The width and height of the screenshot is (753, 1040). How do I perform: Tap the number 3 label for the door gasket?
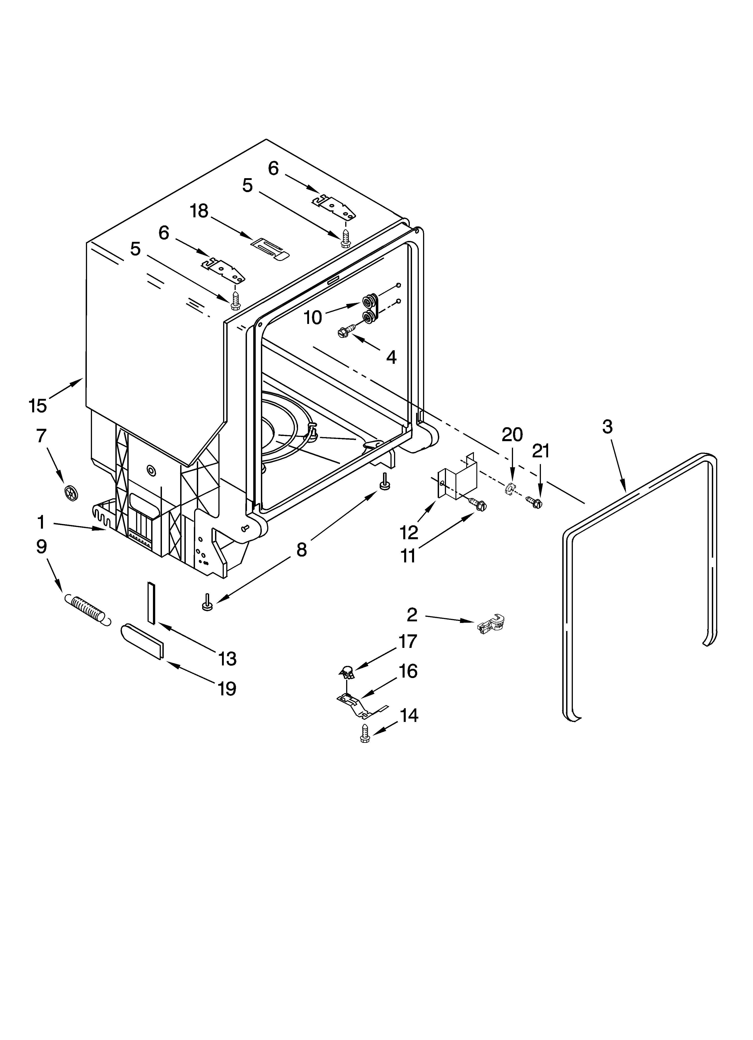[607, 427]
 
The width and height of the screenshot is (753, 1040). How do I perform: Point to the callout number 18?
[199, 211]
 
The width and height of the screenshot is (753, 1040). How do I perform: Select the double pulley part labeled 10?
[370, 309]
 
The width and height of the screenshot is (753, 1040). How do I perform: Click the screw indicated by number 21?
[533, 502]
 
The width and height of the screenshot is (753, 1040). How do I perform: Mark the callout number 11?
[408, 556]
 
